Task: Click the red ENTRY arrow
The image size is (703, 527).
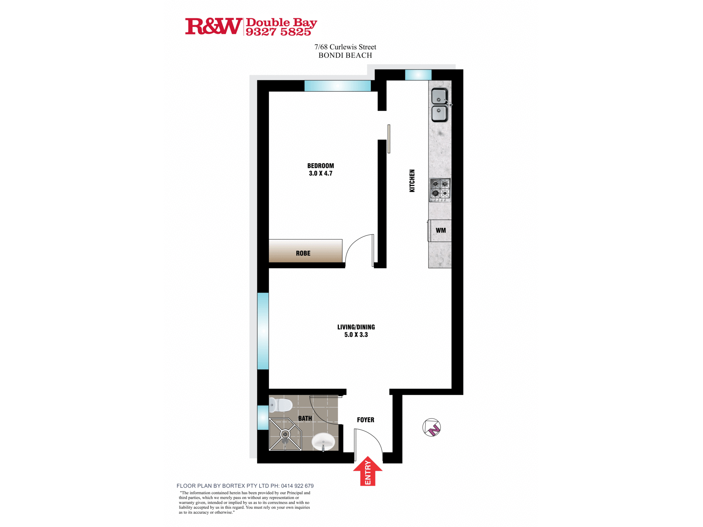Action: [368, 471]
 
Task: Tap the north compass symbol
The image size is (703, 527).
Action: [432, 428]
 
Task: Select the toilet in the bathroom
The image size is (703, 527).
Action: [281, 405]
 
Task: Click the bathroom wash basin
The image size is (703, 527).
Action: [323, 441]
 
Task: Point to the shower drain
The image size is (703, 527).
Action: [285, 435]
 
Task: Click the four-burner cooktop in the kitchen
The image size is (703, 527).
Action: [440, 190]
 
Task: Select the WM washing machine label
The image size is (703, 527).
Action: [440, 230]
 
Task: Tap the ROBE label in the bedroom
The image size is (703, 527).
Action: [303, 253]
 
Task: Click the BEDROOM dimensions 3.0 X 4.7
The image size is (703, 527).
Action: [321, 173]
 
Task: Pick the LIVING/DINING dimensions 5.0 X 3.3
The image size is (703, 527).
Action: [356, 335]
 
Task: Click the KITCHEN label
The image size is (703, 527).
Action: [412, 181]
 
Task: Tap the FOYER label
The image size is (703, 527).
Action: [366, 420]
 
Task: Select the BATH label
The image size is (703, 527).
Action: [305, 418]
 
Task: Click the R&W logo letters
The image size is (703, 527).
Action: [213, 26]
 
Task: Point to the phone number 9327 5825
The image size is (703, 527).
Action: [278, 32]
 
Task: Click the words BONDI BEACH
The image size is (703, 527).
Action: [345, 56]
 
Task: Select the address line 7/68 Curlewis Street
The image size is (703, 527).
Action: [345, 47]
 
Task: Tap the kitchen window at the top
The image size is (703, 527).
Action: [418, 75]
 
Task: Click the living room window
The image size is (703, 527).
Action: [263, 331]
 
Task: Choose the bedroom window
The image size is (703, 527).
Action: [337, 86]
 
